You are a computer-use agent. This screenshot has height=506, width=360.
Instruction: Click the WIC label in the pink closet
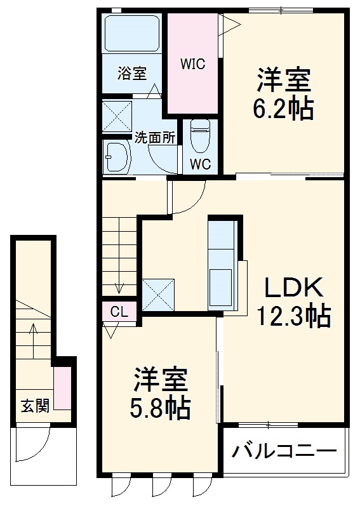(192, 64)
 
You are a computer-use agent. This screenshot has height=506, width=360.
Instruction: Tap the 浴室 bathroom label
(131, 74)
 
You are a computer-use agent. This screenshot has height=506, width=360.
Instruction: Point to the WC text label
(200, 163)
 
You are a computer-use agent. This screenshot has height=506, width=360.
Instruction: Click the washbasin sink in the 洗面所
(116, 156)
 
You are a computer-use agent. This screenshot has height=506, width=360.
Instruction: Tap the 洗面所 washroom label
(154, 136)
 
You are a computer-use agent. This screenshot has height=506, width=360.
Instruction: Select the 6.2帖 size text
(284, 109)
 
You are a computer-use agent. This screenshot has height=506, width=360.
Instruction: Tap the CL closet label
(119, 312)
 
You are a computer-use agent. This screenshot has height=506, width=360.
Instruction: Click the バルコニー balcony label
(283, 452)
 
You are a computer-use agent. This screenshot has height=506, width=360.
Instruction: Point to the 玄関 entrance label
(34, 406)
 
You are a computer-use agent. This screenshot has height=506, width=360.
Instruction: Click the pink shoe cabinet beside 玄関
(62, 387)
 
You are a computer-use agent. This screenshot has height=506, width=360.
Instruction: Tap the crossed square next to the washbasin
(117, 116)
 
